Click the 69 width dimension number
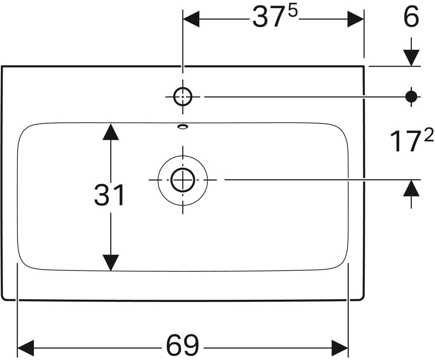(x=182, y=345)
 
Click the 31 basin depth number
(x=109, y=195)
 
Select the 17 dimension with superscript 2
(x=409, y=140)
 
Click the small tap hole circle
(x=183, y=97)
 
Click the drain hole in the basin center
(x=183, y=180)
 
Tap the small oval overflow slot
(x=183, y=126)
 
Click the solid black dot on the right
(x=411, y=97)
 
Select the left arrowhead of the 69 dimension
(x=26, y=348)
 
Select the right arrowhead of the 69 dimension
(x=340, y=348)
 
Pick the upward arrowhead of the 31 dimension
(x=111, y=132)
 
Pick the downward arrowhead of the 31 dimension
(x=111, y=263)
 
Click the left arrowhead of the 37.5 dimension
(x=191, y=19)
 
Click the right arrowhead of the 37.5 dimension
(x=355, y=19)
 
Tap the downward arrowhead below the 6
(x=411, y=58)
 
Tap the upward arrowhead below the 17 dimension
(x=411, y=188)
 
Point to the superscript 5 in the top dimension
(x=293, y=11)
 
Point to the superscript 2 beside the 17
(x=429, y=135)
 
